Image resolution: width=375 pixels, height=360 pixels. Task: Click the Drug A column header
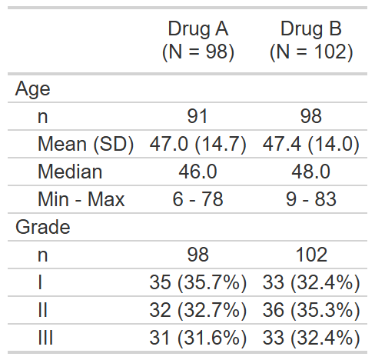point(198,40)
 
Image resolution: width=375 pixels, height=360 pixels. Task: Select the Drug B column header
point(311,40)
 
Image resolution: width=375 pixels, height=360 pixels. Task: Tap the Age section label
point(32,89)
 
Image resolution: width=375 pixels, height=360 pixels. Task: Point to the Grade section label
point(42,227)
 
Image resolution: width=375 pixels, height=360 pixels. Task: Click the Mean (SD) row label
point(86,144)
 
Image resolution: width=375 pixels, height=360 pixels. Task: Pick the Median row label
point(70,172)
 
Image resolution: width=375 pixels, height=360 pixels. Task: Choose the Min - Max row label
point(81,199)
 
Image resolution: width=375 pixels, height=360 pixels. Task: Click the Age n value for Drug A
point(197,116)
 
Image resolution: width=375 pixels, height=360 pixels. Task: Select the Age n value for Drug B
point(311,116)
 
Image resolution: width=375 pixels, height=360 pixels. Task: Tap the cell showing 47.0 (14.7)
point(197,144)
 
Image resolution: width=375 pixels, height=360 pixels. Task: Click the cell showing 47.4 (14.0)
point(311,144)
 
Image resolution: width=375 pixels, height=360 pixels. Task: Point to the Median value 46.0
point(197,172)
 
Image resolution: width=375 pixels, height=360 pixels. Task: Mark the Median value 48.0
point(311,172)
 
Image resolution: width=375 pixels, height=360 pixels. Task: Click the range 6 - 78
point(197,199)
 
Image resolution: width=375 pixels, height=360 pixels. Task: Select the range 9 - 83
point(311,199)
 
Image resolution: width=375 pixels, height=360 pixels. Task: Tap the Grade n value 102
point(311,255)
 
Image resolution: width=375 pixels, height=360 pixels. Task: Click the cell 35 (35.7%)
point(197,283)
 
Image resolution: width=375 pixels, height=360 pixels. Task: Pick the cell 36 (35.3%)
point(311,311)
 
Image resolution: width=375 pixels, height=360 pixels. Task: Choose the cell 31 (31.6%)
point(197,338)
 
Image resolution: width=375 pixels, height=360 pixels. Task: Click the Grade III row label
point(45,338)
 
